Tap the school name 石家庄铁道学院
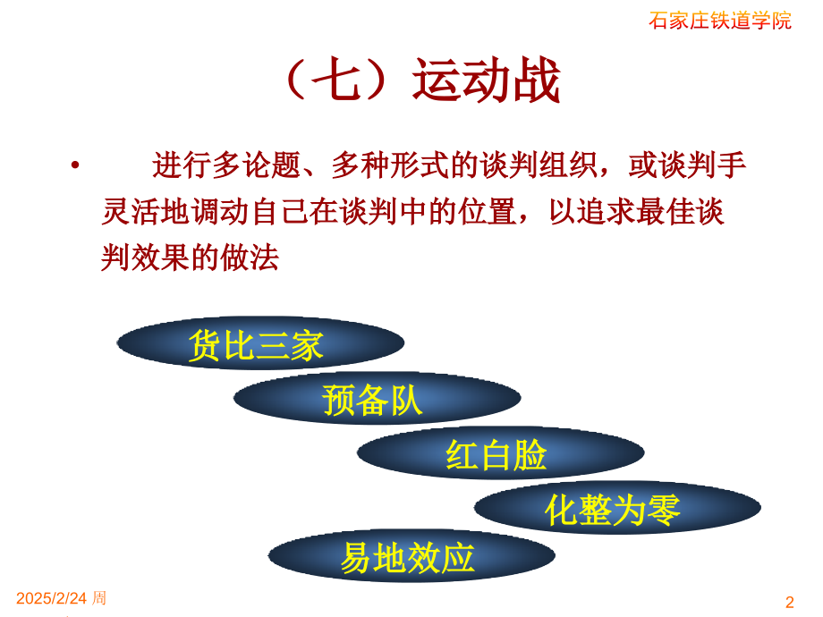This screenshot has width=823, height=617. (719, 21)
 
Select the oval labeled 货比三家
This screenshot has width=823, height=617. (259, 344)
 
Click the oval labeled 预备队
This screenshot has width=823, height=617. (377, 399)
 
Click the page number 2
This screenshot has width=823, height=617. (789, 602)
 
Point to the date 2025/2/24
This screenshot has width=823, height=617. (51, 598)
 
